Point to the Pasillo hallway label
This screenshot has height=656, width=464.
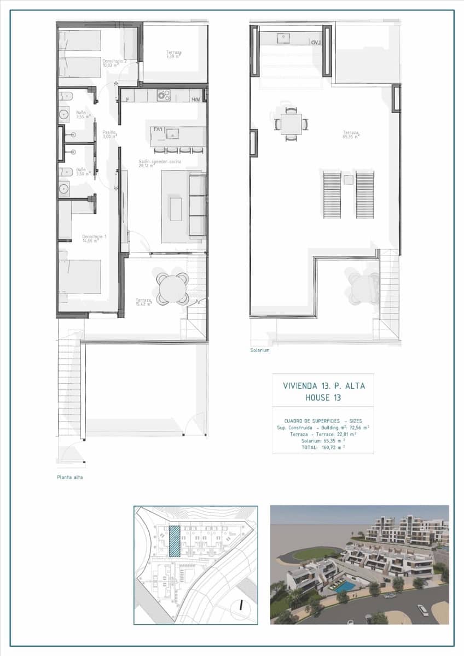click(x=109, y=134)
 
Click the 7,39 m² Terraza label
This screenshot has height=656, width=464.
click(x=174, y=54)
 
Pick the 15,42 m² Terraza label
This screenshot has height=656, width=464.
click(x=143, y=302)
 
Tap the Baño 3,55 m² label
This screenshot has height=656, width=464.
click(x=80, y=114)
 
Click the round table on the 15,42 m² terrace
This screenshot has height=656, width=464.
click(x=173, y=288)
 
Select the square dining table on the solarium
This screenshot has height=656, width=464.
click(x=291, y=124)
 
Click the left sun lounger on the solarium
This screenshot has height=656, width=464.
click(x=331, y=194)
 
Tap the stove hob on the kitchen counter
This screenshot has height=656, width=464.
click(x=163, y=96)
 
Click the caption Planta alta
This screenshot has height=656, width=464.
click(x=70, y=477)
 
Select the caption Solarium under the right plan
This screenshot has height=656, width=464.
click(x=260, y=350)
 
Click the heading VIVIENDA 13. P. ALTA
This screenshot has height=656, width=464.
click(x=323, y=386)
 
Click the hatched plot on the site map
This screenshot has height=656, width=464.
click(x=175, y=541)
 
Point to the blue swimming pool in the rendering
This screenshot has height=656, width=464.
click(x=344, y=586)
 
